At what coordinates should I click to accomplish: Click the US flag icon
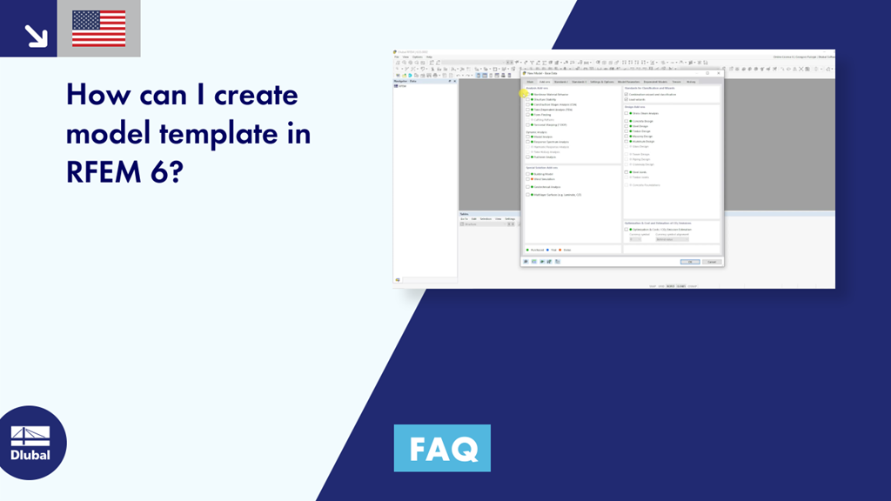coord(98,28)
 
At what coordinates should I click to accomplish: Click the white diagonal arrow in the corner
coord(36,35)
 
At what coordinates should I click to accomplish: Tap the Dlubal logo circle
coord(30,443)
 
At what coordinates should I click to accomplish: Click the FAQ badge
coord(442,448)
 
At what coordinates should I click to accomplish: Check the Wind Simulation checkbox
coord(527,178)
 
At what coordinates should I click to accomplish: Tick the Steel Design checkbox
coord(626,125)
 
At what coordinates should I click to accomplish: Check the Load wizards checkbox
coord(626,99)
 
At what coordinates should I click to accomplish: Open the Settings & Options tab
coord(602,81)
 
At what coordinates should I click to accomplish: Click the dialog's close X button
coord(718,74)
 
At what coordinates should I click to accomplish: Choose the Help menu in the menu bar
coord(429,57)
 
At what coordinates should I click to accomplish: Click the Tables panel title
coord(465,213)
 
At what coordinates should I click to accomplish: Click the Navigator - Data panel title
coord(406,81)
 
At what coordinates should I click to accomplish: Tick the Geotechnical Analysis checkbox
coord(527,187)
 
